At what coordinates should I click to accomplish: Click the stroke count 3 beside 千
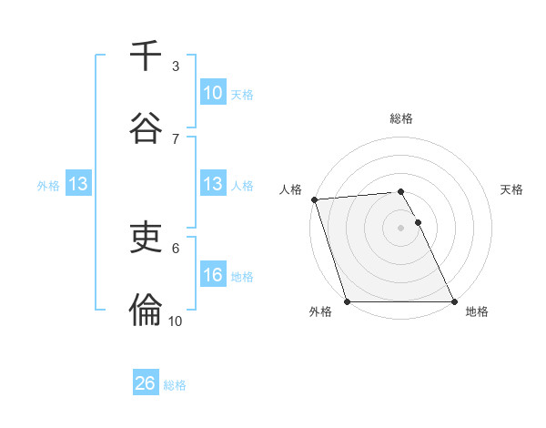176,66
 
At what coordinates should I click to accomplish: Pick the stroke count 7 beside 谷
176,138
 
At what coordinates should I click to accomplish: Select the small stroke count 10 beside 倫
176,321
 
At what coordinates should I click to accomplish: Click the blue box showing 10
213,93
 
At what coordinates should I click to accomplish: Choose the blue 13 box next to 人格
213,184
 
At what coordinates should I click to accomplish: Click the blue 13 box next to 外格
78,184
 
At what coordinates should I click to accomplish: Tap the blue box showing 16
213,275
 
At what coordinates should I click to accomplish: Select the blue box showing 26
146,383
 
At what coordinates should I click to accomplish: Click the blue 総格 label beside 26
175,385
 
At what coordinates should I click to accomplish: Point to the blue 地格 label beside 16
242,277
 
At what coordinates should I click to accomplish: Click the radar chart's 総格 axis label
401,118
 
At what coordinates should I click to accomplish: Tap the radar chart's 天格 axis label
512,189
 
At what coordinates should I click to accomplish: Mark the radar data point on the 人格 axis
314,199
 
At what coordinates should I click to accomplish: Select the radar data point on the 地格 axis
454,301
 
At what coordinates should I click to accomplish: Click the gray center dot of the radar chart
401,228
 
